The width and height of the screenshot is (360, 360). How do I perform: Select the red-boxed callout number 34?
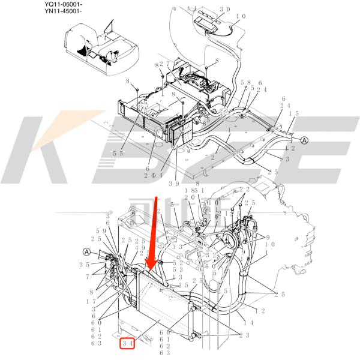(x=127, y=343)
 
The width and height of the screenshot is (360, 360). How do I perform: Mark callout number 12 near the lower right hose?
(x=259, y=311)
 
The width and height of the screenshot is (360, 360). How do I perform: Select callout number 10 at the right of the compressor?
(x=270, y=244)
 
